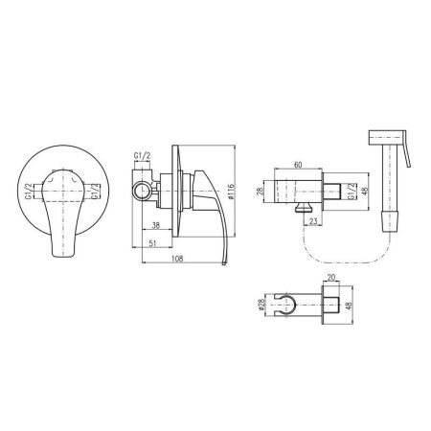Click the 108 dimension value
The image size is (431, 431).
[177, 259]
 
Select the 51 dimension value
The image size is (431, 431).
[152, 243]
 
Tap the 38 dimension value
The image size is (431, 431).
[156, 225]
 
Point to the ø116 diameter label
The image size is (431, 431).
[232, 192]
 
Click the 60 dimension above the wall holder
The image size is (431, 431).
[298, 165]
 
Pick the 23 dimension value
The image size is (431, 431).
[313, 221]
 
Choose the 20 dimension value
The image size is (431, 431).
[331, 278]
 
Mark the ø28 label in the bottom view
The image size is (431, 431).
[261, 305]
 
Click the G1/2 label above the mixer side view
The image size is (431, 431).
[142, 156]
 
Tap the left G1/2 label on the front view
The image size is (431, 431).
[29, 192]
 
